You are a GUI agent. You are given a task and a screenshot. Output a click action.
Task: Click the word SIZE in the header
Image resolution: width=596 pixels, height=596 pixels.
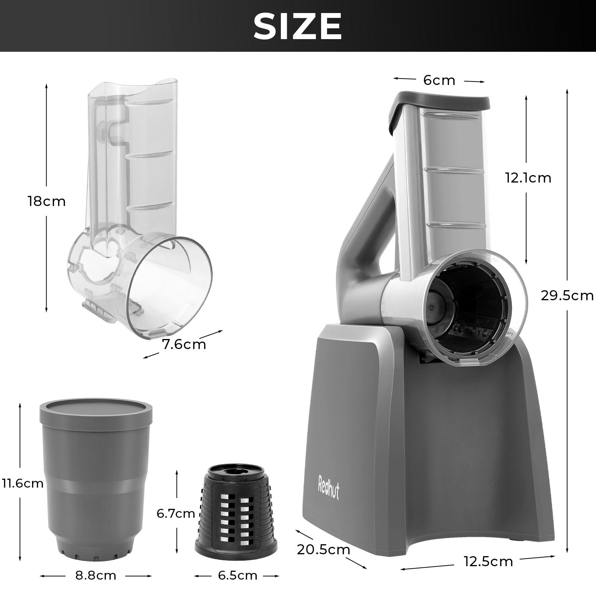tap(297, 26)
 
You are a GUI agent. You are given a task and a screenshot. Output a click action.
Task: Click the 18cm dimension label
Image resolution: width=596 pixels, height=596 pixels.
tap(47, 202)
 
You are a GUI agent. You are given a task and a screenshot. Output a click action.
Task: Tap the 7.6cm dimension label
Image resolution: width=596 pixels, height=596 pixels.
tap(184, 345)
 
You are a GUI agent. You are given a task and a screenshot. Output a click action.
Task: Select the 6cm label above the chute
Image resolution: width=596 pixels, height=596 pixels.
tap(439, 80)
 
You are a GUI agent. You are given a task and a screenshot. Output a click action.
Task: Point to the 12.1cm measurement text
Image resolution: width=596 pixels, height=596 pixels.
tap(528, 178)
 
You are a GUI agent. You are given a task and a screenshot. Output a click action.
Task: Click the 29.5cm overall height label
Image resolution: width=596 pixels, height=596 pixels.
tap(567, 295)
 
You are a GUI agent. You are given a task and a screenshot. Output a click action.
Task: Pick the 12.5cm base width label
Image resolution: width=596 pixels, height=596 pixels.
tap(488, 561)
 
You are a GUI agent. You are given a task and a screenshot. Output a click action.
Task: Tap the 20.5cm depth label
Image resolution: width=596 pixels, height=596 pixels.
tap(323, 549)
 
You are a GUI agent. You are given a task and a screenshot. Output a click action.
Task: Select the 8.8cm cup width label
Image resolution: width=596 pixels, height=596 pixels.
tap(96, 576)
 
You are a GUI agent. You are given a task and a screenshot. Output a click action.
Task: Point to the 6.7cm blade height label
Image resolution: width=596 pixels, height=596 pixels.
tap(175, 514)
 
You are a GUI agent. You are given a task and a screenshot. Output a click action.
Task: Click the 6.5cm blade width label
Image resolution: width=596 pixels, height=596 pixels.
tap(237, 576)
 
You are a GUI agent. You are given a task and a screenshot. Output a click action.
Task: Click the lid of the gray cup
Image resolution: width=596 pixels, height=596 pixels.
tap(96, 409)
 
